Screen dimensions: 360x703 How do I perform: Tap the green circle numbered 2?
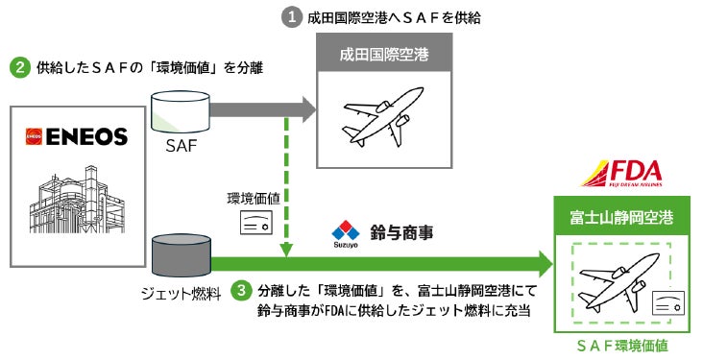18,68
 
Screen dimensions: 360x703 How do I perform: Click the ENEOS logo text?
77,137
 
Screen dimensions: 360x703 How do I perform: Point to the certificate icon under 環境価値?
255,223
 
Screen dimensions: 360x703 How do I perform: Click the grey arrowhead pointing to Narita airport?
306,108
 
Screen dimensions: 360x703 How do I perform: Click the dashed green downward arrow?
286,182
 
